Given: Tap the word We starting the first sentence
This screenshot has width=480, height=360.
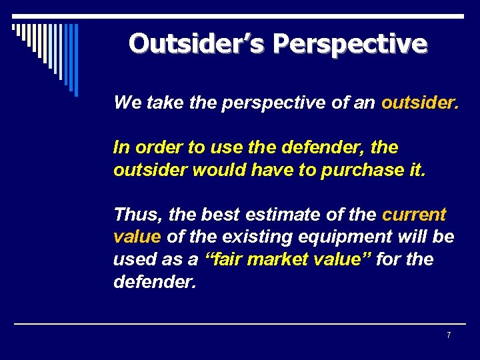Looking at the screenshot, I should pos(125,103).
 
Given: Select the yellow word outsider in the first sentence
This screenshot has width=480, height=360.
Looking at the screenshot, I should pos(419,103).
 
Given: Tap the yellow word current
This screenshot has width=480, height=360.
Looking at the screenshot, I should pos(413,215).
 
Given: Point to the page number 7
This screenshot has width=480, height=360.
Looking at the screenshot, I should pos(449,335).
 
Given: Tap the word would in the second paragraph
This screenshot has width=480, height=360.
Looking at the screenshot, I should pos(214,169).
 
